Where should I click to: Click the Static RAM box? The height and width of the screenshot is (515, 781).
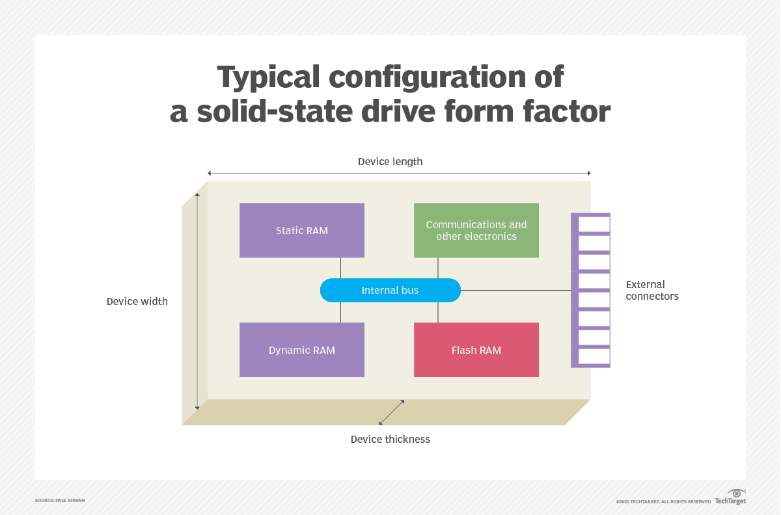301,230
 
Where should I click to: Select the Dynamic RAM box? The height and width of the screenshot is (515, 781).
301,350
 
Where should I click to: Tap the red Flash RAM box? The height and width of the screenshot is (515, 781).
476,350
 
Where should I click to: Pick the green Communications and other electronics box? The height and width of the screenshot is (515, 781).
476,230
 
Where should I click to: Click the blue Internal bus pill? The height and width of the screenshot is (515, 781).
390,290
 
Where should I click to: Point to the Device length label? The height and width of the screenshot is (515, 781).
390,161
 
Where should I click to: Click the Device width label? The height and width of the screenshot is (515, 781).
137,301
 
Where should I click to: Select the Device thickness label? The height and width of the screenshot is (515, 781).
390,439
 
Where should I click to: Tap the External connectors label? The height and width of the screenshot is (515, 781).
652,290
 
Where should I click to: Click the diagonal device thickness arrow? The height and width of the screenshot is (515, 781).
392,412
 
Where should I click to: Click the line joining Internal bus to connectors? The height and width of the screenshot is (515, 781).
514,290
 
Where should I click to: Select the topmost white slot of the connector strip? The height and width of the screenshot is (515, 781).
594,224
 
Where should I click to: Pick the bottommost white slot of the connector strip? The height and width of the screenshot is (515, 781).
594,356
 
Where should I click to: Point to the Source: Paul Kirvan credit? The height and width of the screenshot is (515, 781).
60,500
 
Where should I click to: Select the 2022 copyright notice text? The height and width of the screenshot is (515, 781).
663,501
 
